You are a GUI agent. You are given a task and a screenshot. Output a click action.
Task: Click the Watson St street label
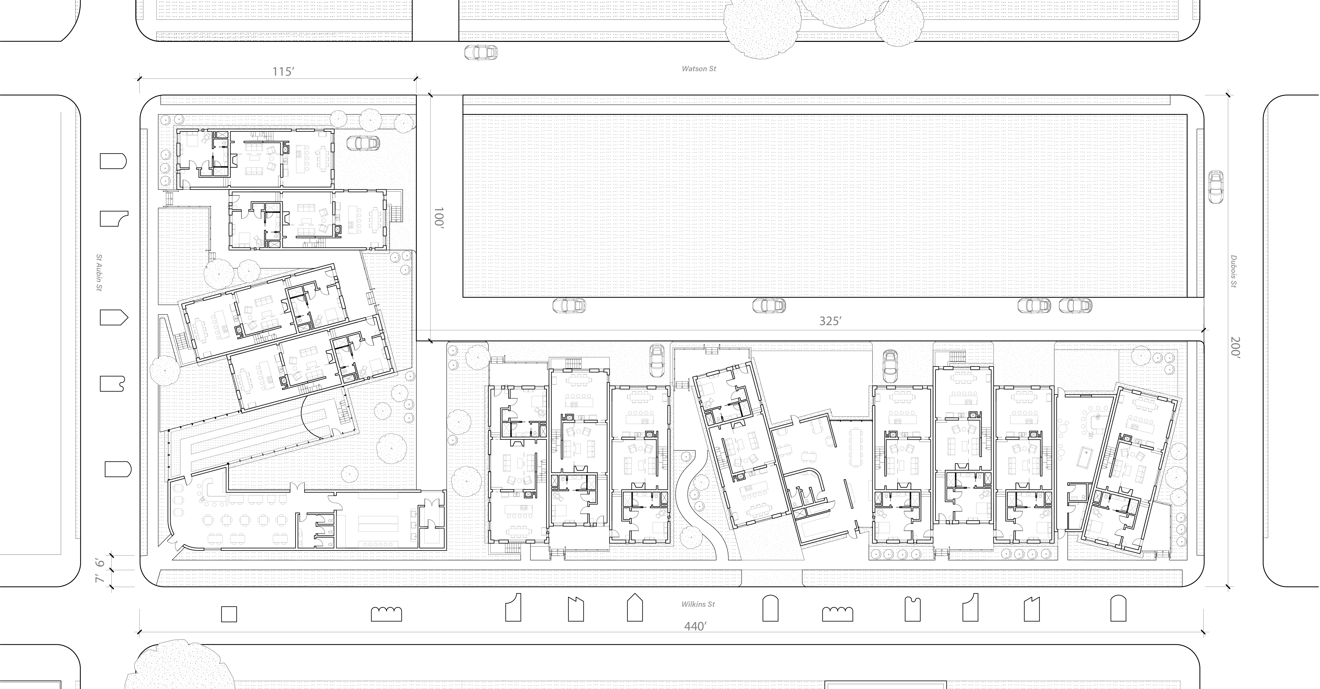[698, 69]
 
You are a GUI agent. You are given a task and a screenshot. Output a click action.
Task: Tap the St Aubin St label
[99, 273]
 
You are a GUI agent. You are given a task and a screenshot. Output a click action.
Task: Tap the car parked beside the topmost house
[363, 143]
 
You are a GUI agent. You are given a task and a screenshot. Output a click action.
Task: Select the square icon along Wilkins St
[228, 614]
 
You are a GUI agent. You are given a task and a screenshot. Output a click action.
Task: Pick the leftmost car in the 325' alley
[569, 306]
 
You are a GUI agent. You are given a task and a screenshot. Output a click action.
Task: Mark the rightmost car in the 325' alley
[1075, 306]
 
